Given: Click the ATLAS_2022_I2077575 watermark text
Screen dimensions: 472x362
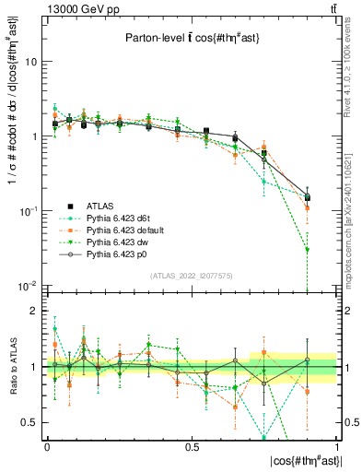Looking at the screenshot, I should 192,276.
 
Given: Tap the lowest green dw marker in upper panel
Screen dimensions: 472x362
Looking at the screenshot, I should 308,250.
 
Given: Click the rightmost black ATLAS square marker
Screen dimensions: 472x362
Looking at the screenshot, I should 308,197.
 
